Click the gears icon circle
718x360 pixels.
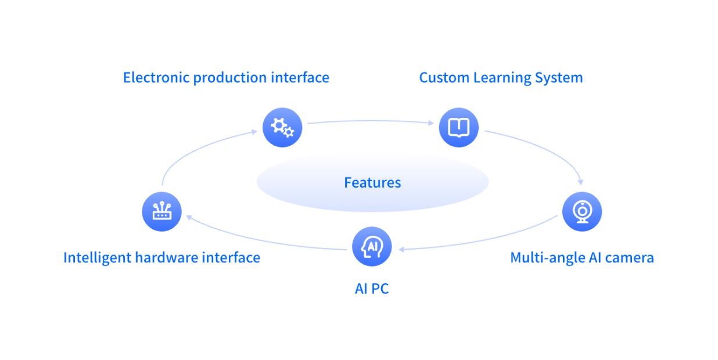pos(282,127)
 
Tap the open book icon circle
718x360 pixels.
pos(458,127)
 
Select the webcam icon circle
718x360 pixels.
pos(582,211)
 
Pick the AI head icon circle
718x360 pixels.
pos(372,247)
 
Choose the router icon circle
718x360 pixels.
pos(161,212)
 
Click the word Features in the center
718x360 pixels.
pos(372,183)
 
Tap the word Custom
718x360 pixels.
pos(443,78)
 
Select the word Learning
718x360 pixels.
pos(501,78)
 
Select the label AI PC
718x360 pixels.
pos(372,289)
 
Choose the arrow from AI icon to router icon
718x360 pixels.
pos(261,240)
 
